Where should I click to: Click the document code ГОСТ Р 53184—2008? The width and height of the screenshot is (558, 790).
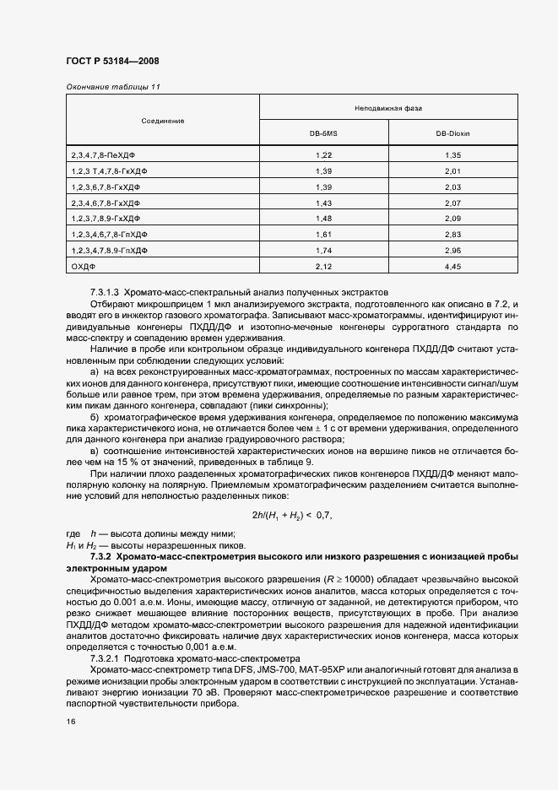[x=111, y=62]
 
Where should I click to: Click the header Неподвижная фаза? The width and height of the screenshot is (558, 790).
[x=388, y=109]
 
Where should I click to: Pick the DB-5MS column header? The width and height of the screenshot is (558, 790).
[x=323, y=133]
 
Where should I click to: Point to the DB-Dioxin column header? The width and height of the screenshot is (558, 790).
[x=452, y=133]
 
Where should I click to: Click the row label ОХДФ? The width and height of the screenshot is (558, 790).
[x=84, y=267]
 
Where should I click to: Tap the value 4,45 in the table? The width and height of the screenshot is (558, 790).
[x=452, y=267]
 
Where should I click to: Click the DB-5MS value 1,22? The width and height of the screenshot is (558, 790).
[x=323, y=155]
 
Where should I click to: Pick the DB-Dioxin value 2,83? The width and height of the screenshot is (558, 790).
[x=452, y=235]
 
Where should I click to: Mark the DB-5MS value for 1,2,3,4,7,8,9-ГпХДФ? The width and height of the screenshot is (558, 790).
[x=323, y=251]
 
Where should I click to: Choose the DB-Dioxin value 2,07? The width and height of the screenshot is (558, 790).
[x=452, y=203]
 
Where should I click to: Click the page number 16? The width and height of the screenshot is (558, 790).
[x=69, y=722]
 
